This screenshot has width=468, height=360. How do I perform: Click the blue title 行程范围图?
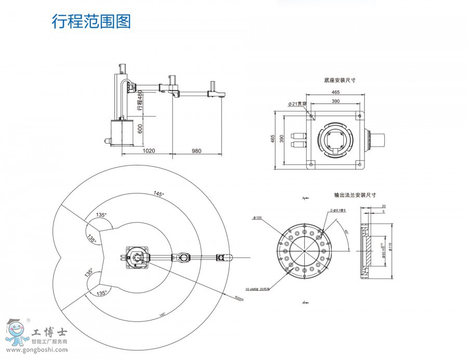pos(91,21)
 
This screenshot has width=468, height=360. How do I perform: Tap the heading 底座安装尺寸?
pos(339,81)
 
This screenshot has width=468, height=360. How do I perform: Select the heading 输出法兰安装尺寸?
pos(355,195)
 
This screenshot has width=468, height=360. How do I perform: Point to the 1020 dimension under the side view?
pos(149,150)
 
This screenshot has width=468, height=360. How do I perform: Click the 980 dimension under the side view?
pos(196,150)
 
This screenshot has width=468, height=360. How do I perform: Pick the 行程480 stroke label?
pos(139,100)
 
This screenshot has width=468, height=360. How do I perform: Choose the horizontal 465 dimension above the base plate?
pos(335,92)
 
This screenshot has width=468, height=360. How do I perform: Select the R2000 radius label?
pos(239,299)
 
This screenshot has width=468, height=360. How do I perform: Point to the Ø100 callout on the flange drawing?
pos(257,217)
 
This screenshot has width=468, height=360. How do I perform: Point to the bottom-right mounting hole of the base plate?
pos(359,164)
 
